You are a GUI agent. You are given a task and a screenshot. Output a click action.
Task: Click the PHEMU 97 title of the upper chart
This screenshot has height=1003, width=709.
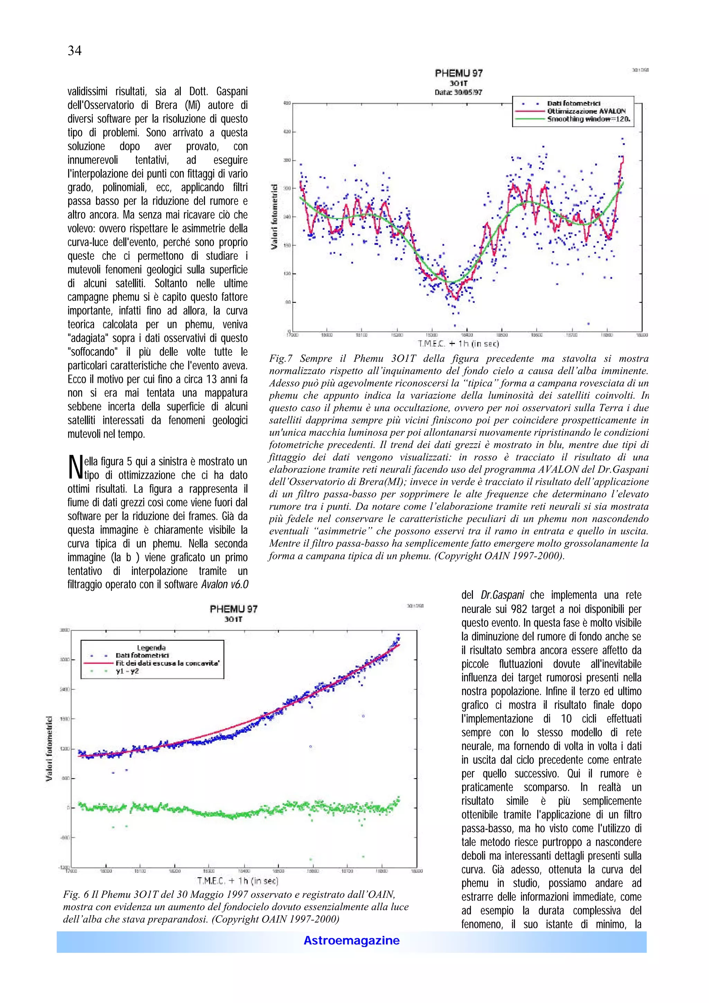click(458, 73)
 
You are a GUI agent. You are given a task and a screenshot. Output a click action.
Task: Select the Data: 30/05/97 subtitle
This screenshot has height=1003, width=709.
click(458, 92)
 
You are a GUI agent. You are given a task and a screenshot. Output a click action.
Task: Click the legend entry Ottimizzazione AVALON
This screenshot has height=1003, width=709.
click(586, 111)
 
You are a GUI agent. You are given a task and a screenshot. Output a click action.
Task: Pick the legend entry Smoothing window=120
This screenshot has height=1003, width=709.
click(589, 119)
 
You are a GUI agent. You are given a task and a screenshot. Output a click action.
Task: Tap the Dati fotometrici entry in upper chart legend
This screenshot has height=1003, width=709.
click(574, 103)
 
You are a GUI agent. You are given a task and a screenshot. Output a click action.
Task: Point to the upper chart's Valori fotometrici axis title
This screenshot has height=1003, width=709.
click(274, 217)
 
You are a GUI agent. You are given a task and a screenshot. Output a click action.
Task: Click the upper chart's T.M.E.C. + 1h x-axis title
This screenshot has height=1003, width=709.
click(458, 344)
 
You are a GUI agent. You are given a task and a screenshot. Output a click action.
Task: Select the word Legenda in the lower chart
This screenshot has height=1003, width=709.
click(151, 648)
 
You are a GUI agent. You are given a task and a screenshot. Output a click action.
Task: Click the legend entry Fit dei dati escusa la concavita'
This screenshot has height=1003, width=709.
click(167, 663)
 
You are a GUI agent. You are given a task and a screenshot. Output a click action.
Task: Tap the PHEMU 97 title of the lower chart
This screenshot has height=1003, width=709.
click(233, 609)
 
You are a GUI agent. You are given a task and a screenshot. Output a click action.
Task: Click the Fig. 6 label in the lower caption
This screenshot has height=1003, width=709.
click(75, 895)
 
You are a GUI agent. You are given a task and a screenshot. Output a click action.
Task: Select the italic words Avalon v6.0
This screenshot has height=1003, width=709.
click(225, 585)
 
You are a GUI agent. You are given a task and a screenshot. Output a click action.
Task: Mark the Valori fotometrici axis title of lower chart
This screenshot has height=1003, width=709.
click(50, 748)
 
